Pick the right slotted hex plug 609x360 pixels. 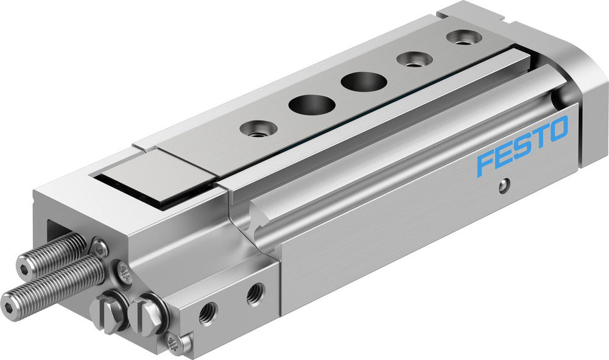click(146, 311)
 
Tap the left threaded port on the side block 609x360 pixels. click(208, 316)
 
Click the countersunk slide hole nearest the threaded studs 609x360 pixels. click(255, 129)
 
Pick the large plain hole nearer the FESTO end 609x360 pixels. click(358, 82)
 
